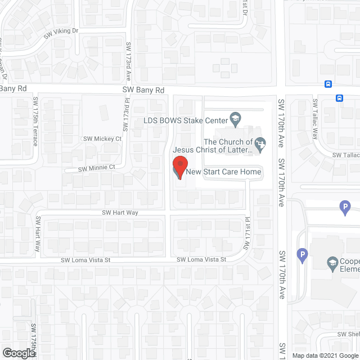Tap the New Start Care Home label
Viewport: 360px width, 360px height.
tap(224, 172)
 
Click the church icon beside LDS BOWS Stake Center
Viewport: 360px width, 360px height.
tap(235, 119)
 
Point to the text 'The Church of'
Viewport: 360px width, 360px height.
tap(228, 142)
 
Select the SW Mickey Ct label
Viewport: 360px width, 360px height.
tap(102, 138)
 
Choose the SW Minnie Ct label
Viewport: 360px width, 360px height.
tap(96, 167)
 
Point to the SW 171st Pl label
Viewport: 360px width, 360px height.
tap(246, 235)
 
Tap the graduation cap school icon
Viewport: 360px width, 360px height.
tap(332, 262)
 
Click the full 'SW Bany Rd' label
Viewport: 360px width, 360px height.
tap(143, 90)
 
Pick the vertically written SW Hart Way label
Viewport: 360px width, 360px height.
tap(39, 235)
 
